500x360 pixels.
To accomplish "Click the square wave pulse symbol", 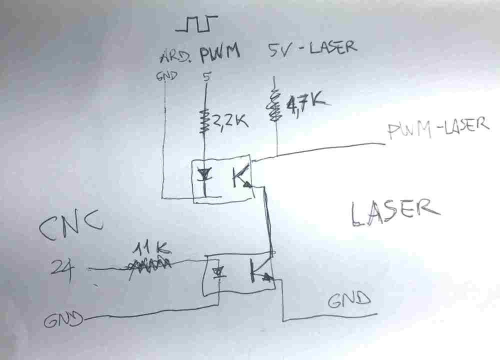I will pos(199,23).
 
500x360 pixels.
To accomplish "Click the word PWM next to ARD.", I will pos(219,52).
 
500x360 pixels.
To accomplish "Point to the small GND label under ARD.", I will pos(167,76).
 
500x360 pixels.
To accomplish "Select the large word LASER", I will pos(394,212).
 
